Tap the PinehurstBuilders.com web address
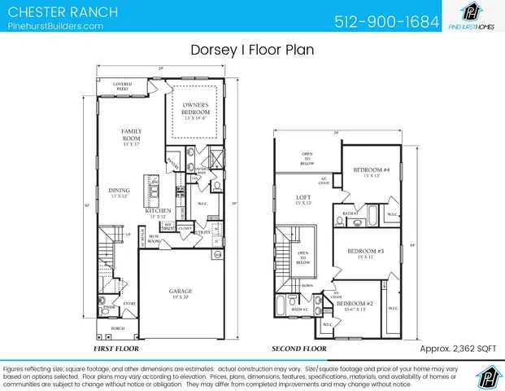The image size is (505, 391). point(55,26)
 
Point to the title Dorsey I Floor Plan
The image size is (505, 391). point(252,50)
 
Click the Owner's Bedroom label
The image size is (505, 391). point(195,109)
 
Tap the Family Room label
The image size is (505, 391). point(131,135)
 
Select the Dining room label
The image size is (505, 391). point(119,192)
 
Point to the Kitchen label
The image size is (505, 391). point(158,213)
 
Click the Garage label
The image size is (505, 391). point(180,291)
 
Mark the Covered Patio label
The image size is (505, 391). point(123,86)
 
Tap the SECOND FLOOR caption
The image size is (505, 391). point(298,349)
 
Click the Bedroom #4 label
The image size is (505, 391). point(371,172)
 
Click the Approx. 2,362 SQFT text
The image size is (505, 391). point(457,349)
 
